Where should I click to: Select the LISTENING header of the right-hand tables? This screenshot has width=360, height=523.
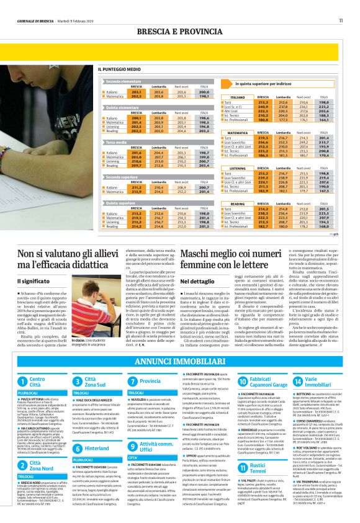coord(238,168)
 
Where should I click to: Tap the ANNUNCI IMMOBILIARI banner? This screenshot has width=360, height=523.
coord(180,360)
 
